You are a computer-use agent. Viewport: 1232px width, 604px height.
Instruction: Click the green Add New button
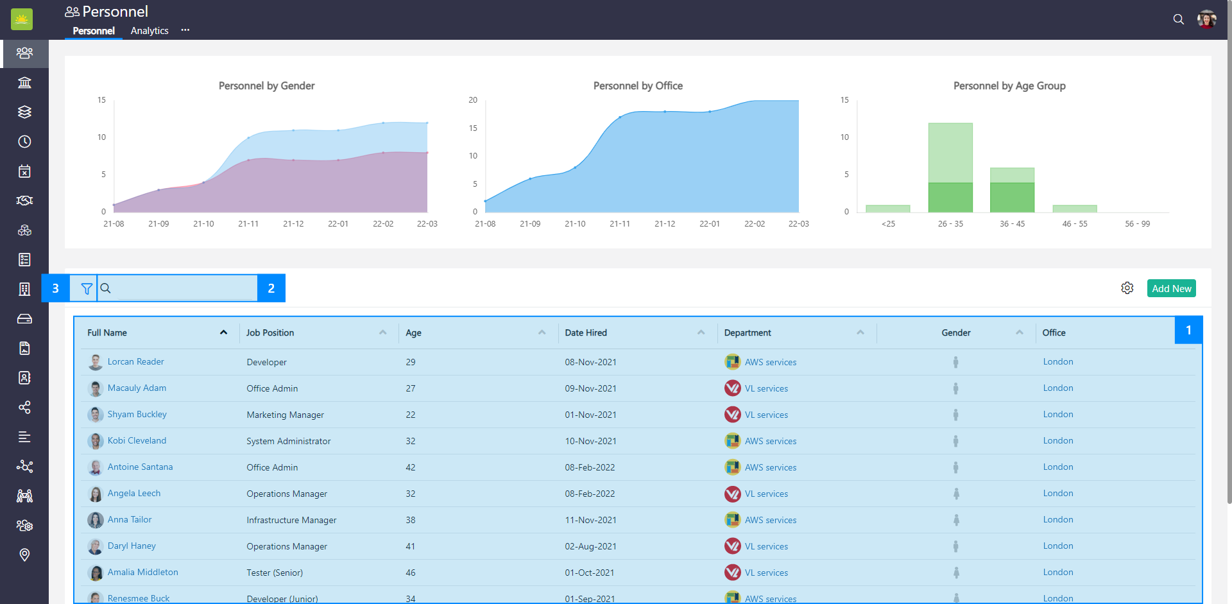point(1171,289)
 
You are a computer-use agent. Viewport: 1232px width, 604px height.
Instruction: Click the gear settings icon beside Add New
point(1127,288)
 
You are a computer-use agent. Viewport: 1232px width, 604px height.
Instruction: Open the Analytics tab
point(150,31)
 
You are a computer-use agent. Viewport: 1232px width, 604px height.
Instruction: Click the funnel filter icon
point(87,289)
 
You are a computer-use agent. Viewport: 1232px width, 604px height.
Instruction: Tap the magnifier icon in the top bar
point(1178,19)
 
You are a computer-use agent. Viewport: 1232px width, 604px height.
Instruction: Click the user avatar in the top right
point(1206,19)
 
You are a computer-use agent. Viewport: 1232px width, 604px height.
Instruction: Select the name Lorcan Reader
point(135,362)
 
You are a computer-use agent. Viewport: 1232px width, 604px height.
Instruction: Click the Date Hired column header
point(586,332)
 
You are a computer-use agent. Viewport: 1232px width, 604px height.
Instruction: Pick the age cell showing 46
point(411,573)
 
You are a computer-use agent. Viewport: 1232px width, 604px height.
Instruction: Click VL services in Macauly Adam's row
point(766,388)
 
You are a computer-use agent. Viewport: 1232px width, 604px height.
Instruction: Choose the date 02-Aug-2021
point(590,546)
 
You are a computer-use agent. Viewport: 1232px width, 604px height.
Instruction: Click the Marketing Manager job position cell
point(285,415)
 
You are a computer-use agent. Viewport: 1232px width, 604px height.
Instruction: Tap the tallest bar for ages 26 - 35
point(950,154)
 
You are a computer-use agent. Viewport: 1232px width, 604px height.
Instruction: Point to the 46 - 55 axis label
point(1075,224)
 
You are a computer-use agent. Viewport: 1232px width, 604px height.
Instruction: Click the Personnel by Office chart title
point(638,86)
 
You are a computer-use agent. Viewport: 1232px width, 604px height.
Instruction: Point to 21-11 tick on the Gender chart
point(248,224)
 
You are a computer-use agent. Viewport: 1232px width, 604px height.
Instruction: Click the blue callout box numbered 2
point(271,288)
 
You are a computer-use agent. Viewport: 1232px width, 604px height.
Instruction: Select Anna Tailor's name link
point(130,520)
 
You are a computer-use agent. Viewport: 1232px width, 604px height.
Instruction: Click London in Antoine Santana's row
point(1057,467)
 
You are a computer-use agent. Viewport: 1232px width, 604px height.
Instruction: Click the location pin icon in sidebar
point(24,555)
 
